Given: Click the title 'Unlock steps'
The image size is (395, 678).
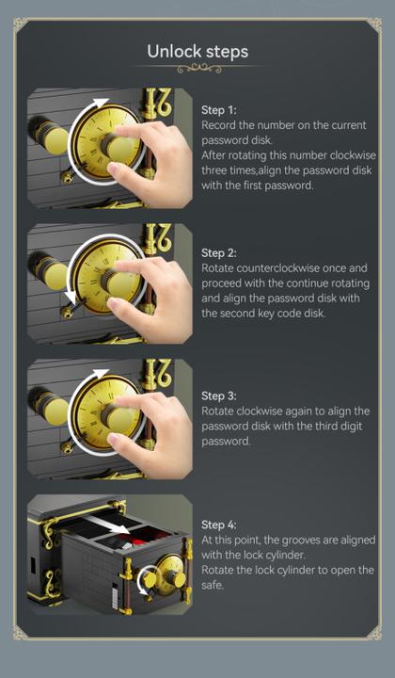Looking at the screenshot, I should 197,50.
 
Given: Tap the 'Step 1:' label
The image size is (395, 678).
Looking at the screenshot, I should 219,110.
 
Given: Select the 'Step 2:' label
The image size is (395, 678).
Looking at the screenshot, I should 219,253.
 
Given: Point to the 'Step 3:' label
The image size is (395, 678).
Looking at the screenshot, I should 219,396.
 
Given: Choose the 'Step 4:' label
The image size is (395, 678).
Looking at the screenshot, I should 219,525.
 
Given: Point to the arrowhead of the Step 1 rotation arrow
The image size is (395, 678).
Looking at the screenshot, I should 101,102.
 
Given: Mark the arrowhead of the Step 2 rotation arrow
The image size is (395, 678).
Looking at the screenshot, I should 67,299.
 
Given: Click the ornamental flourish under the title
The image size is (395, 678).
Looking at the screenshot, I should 197,68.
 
